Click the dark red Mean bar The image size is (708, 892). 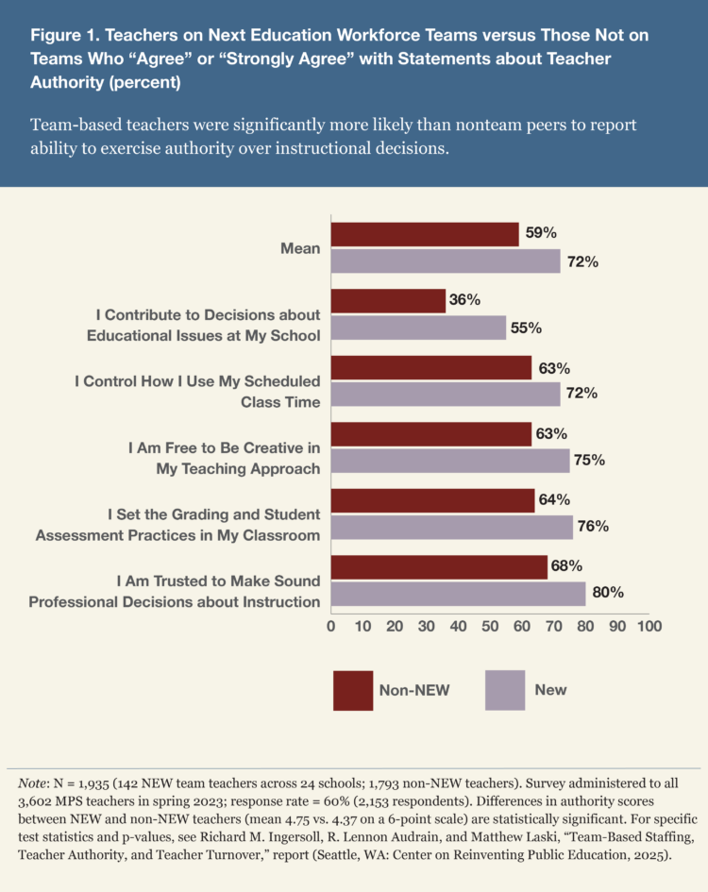(425, 234)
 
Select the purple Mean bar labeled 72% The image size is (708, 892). (446, 261)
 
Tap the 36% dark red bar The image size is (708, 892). (388, 300)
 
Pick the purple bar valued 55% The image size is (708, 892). (418, 328)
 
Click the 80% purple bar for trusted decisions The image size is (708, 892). (458, 594)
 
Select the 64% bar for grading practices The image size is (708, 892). (432, 500)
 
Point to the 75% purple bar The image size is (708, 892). (450, 461)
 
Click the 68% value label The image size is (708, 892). (567, 566)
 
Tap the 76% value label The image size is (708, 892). (593, 527)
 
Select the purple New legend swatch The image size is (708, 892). (504, 689)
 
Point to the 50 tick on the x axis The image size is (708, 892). (490, 626)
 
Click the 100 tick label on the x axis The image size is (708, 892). (649, 626)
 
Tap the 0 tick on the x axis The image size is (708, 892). (331, 626)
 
